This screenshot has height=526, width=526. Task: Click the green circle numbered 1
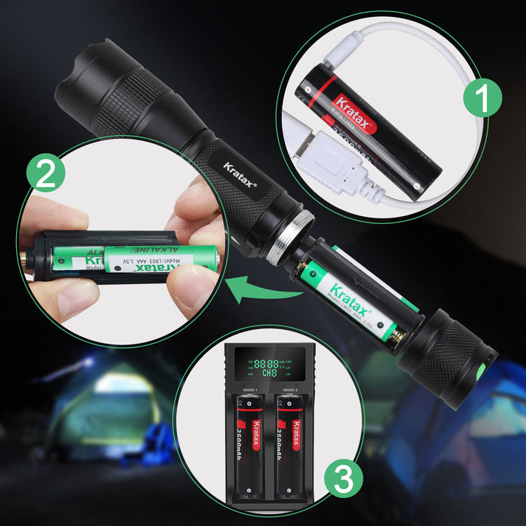pyautogui.click(x=483, y=96)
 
